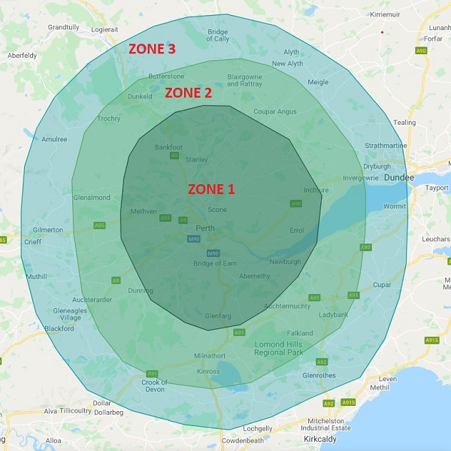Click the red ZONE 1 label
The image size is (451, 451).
tap(211, 189)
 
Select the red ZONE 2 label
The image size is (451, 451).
tap(188, 93)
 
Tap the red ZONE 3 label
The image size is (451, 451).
tap(152, 49)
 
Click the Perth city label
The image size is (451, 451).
tap(205, 228)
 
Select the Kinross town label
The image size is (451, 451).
tap(207, 371)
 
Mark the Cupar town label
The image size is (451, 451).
tap(383, 285)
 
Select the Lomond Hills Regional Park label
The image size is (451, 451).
tap(279, 347)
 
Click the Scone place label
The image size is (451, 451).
tap(217, 210)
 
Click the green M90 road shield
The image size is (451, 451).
tap(194, 239)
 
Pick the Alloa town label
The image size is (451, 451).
tap(53, 440)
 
